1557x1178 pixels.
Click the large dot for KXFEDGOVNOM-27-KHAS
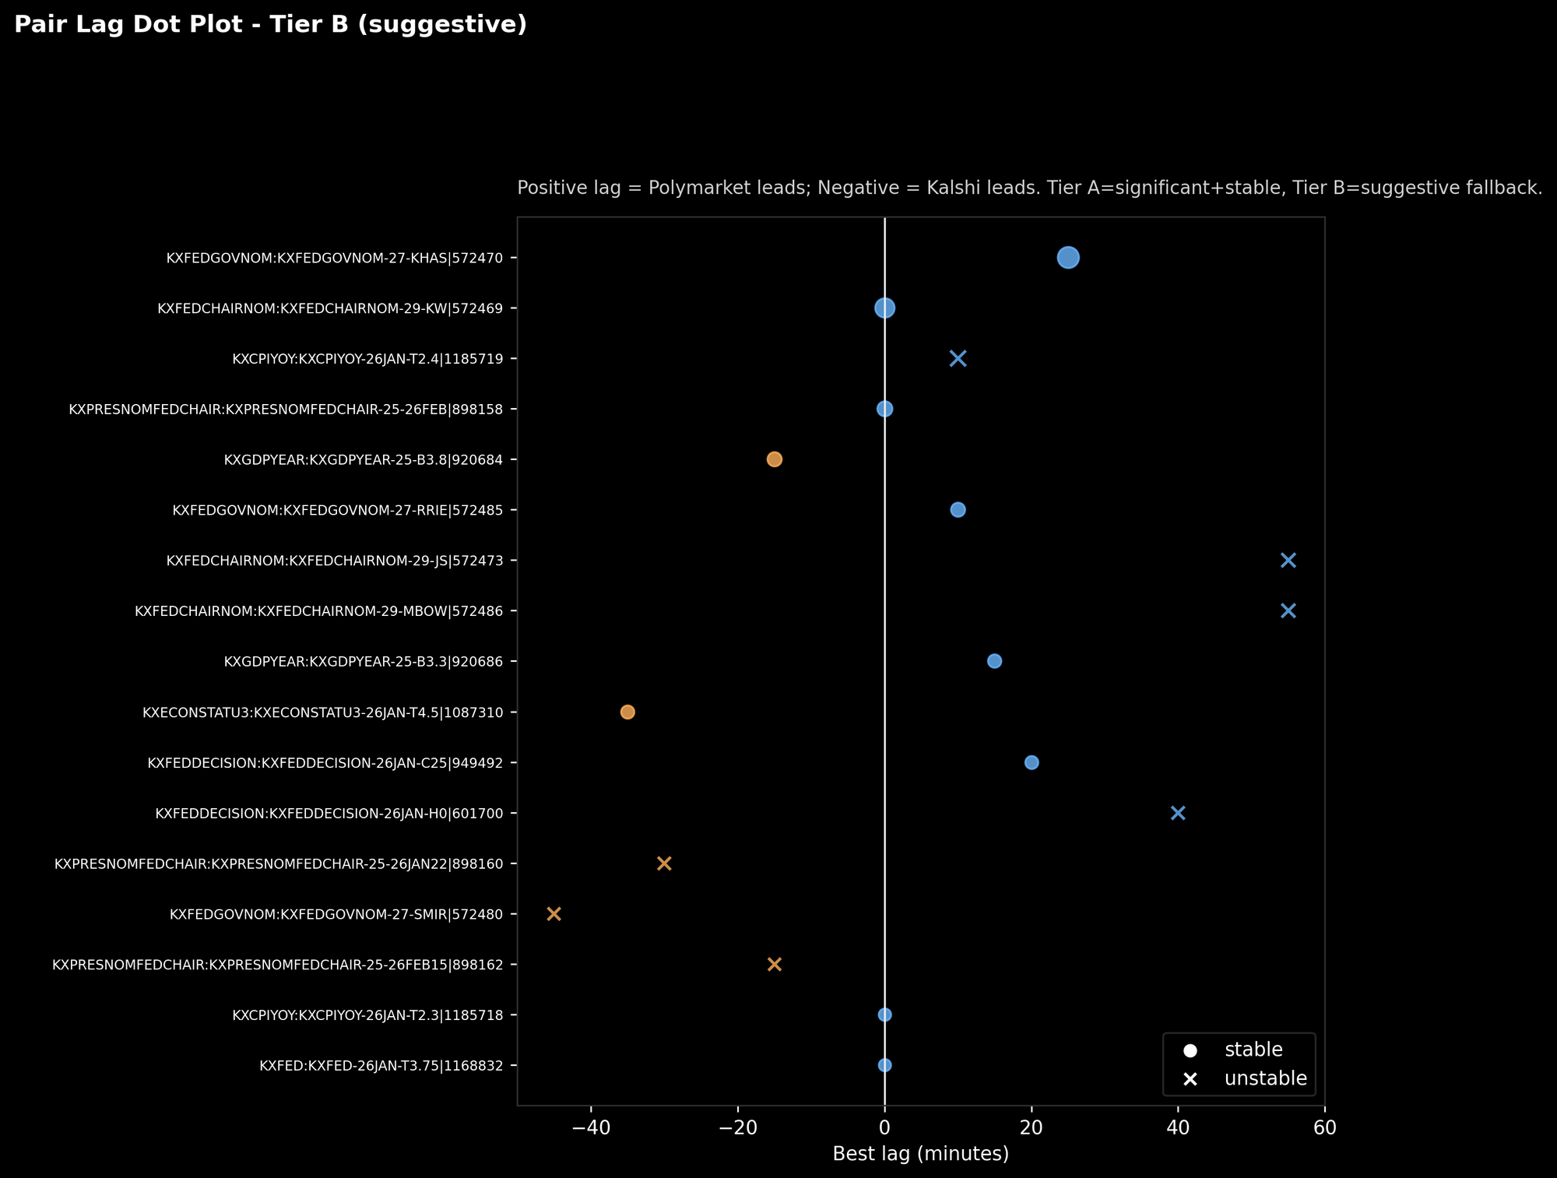1068,258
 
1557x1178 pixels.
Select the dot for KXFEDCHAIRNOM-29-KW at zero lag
884,308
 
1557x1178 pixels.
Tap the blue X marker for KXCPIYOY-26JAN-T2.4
958,358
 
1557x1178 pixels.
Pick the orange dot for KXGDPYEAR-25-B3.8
774,459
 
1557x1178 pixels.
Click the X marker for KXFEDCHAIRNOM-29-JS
1288,561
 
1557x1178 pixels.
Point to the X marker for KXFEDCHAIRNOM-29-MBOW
1288,610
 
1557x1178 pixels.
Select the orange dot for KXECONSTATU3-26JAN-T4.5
627,712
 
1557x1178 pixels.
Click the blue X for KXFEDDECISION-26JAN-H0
1178,813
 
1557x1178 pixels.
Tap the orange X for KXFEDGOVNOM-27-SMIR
554,913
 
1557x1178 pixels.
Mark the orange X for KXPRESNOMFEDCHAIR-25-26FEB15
774,964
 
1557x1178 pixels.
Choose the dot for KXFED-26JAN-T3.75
884,1065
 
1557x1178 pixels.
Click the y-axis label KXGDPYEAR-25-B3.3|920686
369,662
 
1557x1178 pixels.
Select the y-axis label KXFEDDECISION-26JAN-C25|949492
331,763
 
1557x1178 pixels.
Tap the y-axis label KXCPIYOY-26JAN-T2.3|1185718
373,1015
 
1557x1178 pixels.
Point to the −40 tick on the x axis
591,1127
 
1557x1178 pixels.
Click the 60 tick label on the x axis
1324,1127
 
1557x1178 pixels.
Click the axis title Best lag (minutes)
920,1154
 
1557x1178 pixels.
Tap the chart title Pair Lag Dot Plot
270,25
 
